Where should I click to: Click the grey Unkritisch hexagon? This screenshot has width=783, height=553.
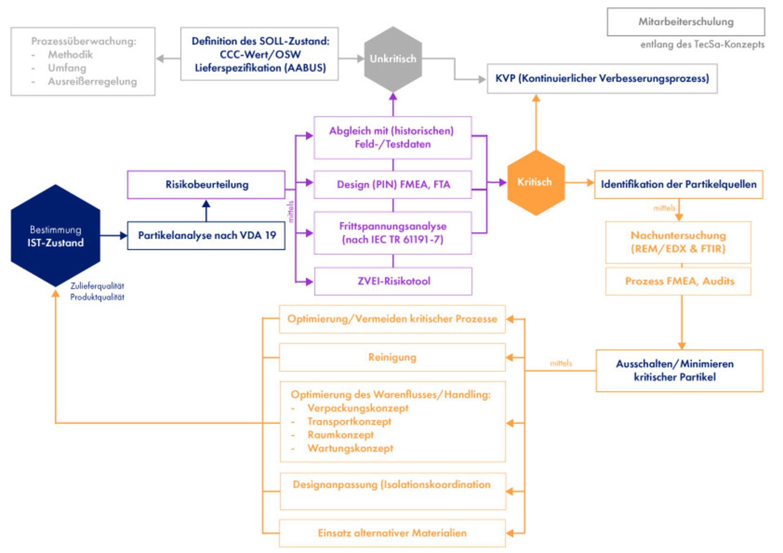coord(393,59)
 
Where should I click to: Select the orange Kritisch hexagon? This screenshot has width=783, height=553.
coord(535,182)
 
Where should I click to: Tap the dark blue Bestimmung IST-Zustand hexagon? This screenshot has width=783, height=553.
coord(55,236)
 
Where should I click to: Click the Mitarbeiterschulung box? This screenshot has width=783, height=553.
coord(686,22)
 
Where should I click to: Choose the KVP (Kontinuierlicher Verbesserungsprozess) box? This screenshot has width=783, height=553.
coord(602,78)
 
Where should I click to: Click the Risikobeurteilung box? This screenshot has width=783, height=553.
coord(206,185)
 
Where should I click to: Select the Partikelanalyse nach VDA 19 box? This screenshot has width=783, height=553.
coord(206,235)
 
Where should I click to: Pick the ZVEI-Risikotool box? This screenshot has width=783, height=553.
coord(393,281)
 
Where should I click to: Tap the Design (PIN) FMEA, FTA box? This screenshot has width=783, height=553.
coord(393,185)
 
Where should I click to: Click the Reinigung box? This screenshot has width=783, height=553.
coord(392,357)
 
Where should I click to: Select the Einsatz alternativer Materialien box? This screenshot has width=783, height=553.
coord(392,533)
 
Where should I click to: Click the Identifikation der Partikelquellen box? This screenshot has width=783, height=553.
coord(678,184)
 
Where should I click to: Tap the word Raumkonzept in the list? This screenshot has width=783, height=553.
coord(341,435)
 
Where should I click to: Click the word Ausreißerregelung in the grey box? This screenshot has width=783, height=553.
coord(92,82)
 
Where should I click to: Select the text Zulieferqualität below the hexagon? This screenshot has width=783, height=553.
coord(97,286)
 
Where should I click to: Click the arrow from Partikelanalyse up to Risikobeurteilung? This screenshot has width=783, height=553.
coord(206,210)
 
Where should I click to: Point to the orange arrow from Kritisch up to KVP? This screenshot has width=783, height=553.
coord(536,122)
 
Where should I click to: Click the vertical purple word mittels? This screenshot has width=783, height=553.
coord(291,211)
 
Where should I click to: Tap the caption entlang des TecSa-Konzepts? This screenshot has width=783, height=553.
coord(702,44)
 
